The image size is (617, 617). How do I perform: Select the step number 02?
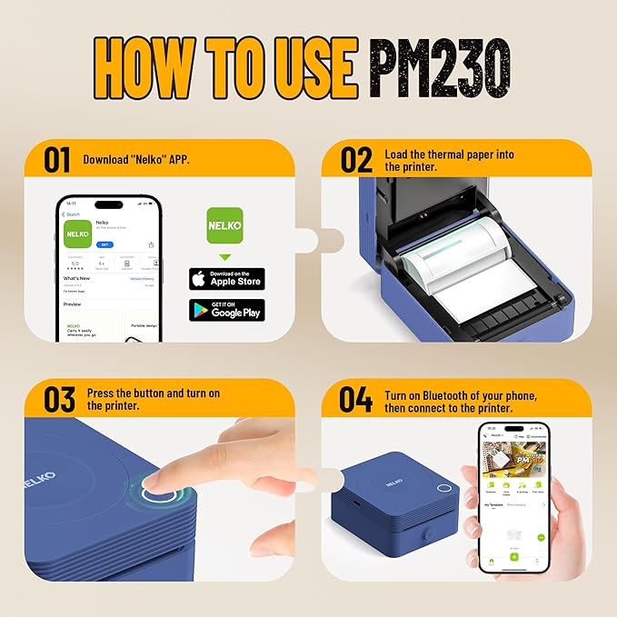(x=356, y=159)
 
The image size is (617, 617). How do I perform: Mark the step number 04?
(x=356, y=399)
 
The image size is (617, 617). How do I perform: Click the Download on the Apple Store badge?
(x=226, y=279)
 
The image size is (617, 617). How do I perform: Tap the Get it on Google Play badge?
(x=226, y=310)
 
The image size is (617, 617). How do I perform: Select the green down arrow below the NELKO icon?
(x=225, y=258)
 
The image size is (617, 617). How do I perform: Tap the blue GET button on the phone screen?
(x=105, y=244)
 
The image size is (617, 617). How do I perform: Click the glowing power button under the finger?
(x=160, y=496)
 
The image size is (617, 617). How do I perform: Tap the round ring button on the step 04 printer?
(x=444, y=488)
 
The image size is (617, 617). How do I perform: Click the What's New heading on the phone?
(x=76, y=278)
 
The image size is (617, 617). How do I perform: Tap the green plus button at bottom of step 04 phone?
(x=513, y=555)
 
